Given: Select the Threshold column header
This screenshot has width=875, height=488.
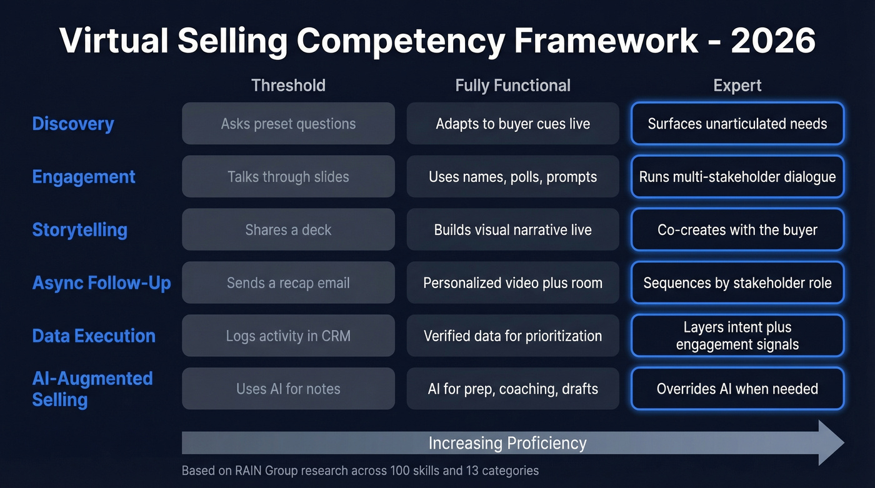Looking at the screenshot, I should tap(288, 86).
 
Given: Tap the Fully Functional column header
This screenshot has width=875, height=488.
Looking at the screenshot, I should tap(512, 86).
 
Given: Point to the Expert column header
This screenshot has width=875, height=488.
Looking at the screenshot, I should tap(737, 86).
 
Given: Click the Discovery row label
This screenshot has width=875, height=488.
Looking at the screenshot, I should tap(73, 124).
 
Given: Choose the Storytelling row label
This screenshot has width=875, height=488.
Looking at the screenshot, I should tap(79, 230).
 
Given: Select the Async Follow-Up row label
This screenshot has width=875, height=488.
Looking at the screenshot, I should tap(101, 283).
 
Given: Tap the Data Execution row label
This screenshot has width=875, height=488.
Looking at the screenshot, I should tap(94, 336).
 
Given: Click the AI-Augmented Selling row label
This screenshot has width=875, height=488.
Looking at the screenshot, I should tap(92, 389).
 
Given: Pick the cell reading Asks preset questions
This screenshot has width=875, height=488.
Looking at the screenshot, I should tap(288, 124).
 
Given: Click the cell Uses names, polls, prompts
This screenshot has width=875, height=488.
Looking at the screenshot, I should tap(512, 177).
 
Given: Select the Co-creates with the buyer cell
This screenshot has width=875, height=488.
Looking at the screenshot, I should tap(737, 230).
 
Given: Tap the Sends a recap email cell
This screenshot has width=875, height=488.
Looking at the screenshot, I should tap(288, 283).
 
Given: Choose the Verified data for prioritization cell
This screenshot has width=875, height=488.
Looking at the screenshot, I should tap(512, 336).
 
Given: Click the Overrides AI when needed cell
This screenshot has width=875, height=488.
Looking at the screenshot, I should tap(737, 389).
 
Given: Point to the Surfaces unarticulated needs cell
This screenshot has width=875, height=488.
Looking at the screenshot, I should tap(737, 124).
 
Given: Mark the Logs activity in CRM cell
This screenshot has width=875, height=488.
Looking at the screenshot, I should tap(288, 336).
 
